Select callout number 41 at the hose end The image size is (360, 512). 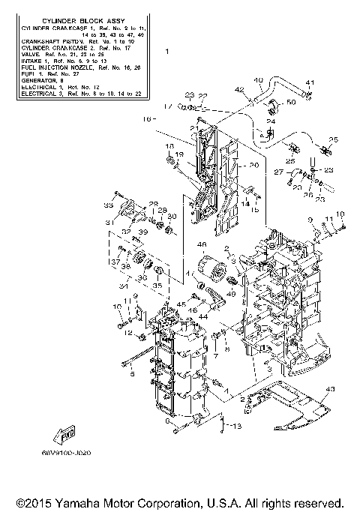[x=308, y=82]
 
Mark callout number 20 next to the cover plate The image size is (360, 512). [x=253, y=166]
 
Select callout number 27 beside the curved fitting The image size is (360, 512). [x=277, y=172]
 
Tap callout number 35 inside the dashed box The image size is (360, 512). [x=157, y=285]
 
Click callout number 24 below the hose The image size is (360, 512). [x=271, y=121]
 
